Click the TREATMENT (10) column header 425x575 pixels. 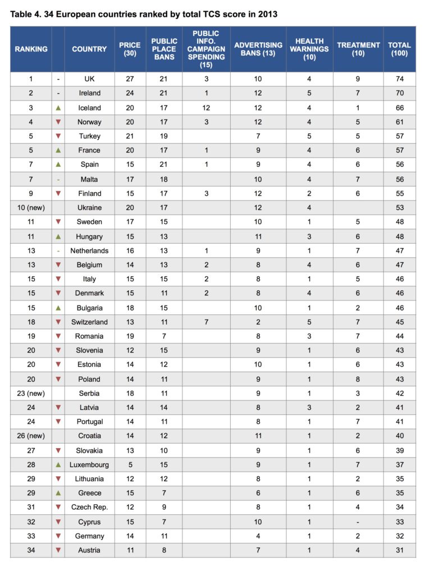[358, 49]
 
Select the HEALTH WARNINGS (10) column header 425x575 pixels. [309, 49]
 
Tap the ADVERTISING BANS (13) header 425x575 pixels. [258, 49]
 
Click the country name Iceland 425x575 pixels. [89, 108]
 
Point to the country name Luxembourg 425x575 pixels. [89, 465]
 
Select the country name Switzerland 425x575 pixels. [89, 322]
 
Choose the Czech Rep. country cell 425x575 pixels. [89, 508]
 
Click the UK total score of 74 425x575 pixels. [399, 79]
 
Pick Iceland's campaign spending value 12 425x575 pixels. [206, 108]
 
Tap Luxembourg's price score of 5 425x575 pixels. [130, 465]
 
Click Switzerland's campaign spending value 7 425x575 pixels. [206, 322]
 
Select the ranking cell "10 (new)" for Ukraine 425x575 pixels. [31, 208]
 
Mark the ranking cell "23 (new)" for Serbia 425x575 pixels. [31, 394]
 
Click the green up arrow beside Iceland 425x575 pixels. [58, 108]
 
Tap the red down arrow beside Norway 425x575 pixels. [58, 122]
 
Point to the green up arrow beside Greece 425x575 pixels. [58, 493]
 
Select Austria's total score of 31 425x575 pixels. [399, 550]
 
